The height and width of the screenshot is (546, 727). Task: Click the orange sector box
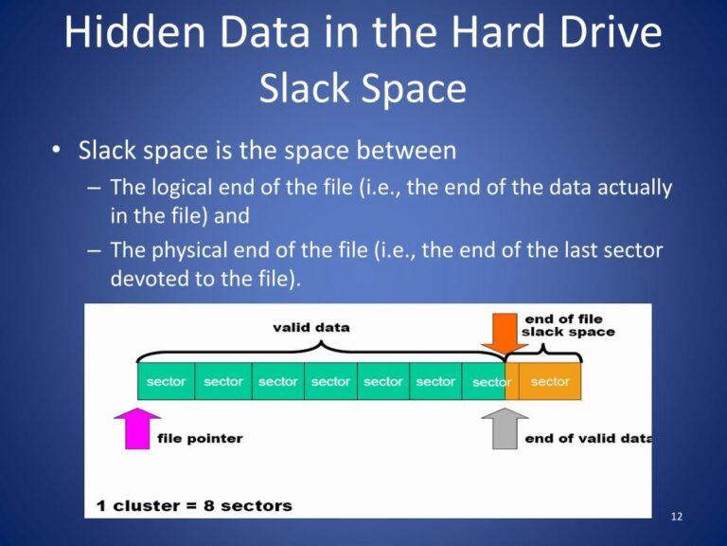coord(550,382)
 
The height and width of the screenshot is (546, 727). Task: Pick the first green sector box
coord(166,382)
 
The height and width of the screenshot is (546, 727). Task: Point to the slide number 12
coord(676,517)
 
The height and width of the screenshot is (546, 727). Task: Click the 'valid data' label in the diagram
coord(310,328)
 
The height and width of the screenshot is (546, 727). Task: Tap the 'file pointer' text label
coord(200,439)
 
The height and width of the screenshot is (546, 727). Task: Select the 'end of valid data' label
coord(587,439)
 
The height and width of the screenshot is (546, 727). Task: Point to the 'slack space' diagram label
coord(568,332)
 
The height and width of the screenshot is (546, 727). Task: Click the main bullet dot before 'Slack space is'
coord(58,152)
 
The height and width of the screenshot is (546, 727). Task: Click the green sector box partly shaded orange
coord(491,382)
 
